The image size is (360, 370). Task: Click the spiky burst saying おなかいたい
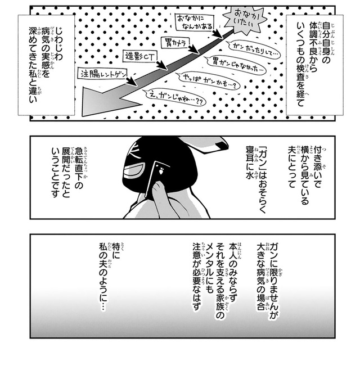[245, 18]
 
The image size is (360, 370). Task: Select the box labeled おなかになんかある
[194, 22]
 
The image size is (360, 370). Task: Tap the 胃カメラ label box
[175, 43]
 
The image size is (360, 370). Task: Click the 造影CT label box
[139, 56]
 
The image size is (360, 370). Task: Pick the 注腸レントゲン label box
[103, 74]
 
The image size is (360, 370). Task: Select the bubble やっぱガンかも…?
[208, 80]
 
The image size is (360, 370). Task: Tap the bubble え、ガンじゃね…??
[175, 97]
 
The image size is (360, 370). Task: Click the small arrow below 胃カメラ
[192, 49]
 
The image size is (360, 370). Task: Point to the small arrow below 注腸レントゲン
[130, 80]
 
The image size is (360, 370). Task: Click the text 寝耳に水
[250, 164]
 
